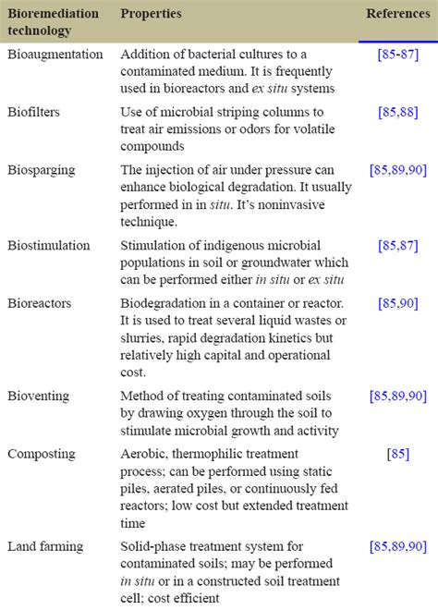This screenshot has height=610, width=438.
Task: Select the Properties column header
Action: (151, 14)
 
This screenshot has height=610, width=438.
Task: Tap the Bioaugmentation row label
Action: (55, 55)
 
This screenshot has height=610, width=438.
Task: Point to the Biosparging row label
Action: (42, 171)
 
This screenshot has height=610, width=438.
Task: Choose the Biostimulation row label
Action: (49, 246)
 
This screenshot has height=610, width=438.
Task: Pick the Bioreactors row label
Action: (41, 304)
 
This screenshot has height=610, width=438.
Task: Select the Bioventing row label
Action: (40, 396)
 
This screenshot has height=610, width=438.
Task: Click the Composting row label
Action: (40, 454)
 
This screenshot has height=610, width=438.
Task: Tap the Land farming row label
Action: (43, 546)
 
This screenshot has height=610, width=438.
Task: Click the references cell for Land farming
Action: (397, 546)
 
